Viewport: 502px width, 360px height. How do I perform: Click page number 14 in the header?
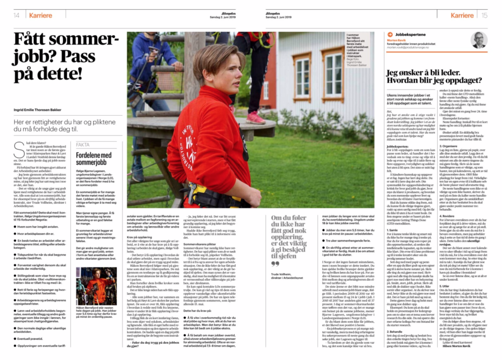16,15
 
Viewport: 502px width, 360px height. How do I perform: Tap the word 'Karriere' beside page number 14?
40,15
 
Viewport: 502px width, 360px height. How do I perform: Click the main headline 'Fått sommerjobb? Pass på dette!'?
66,56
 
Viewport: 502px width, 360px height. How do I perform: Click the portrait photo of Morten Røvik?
479,40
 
